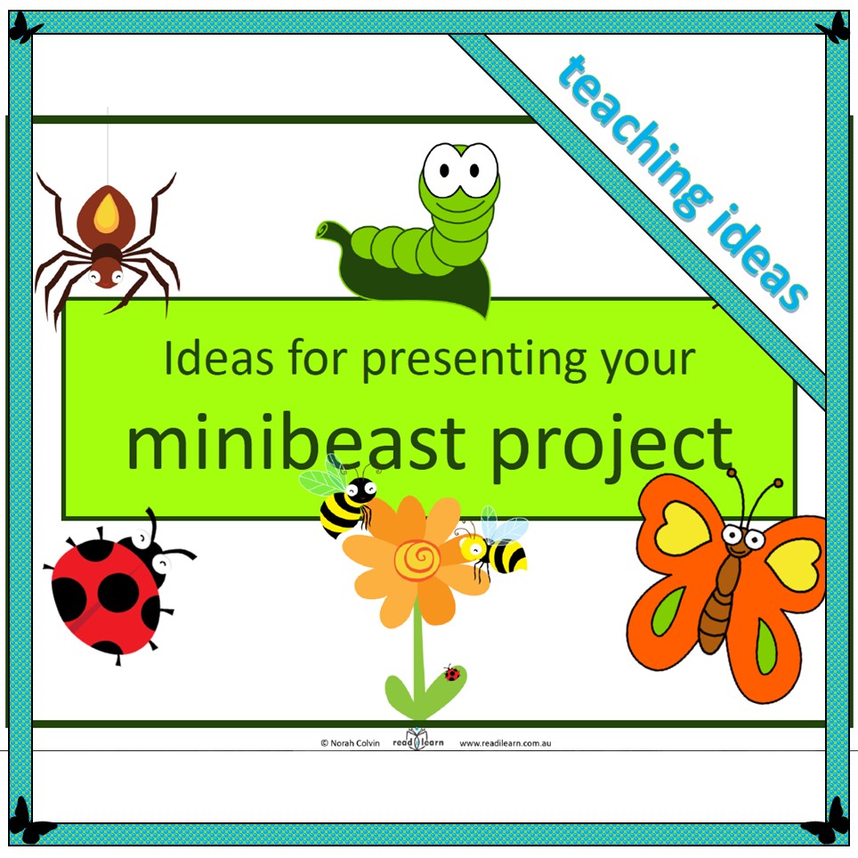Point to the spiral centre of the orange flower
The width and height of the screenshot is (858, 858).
point(417,559)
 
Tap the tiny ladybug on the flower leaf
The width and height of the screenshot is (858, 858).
point(452,673)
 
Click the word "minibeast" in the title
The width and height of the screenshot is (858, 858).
point(295,444)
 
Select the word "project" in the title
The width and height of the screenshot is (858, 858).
point(611,449)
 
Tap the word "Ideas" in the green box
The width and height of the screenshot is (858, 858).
point(219,359)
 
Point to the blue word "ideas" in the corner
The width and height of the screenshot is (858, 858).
point(757,258)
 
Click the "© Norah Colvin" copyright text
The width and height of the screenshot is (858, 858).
point(350,743)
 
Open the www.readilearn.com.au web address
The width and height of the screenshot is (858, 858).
point(505,743)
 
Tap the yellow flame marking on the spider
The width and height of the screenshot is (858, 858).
point(107,214)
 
